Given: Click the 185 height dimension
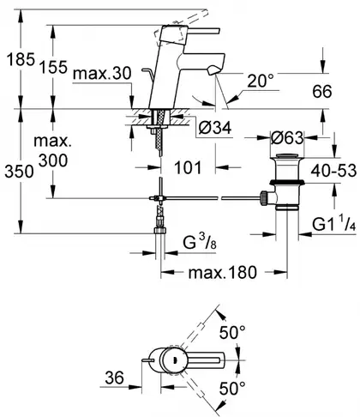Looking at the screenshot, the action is coord(21,59).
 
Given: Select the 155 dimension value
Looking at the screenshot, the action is coord(53,67).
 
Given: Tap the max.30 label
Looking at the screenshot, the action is coord(102,74).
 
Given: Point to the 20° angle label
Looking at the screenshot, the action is coord(261,81).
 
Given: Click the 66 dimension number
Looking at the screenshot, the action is coord(322,92).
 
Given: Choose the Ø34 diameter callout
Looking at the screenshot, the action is coord(214,128).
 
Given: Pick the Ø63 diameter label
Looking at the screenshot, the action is coord(287,138).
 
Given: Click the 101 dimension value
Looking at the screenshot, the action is coord(188,167).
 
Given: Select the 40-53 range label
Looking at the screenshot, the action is coord(333,171).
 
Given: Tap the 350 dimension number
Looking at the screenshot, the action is coord(19,172).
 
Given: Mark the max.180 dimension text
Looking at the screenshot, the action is coord(223,272).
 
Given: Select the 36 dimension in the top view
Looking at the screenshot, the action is coord(114,378).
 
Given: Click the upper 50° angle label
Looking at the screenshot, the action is coord(232,332).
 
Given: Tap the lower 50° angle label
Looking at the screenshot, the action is coord(232,389).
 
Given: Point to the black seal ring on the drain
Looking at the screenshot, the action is coord(287,182).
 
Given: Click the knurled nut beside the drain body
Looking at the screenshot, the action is coord(263,198).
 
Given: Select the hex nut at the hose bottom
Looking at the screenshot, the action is coord(159,231).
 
